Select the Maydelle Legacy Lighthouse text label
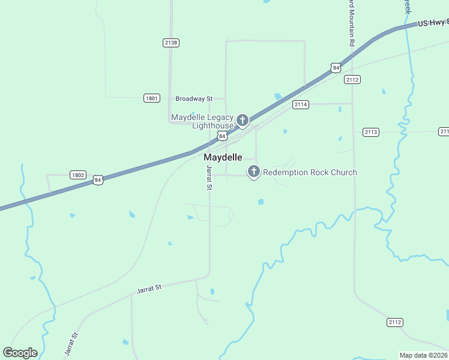tap(202, 121)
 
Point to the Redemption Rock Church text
tap(310, 173)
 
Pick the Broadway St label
tap(194, 98)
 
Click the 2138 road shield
tap(171, 43)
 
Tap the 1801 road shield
tap(152, 98)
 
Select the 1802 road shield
tap(77, 175)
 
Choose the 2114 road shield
tap(301, 104)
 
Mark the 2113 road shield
tap(371, 132)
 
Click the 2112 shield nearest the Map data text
tap(394, 323)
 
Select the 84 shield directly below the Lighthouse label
tap(223, 137)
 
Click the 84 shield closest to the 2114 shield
tap(335, 67)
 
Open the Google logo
tap(20, 353)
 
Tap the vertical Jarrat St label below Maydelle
tap(209, 178)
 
